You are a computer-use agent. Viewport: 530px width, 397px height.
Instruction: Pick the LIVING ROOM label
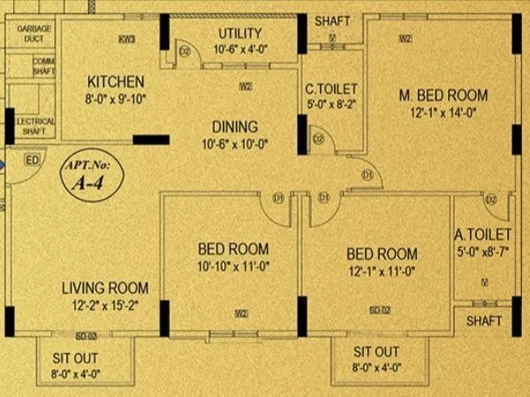click(104, 288)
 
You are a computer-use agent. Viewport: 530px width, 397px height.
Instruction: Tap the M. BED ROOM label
click(443, 95)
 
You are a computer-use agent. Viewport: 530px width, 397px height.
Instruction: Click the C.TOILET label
click(330, 88)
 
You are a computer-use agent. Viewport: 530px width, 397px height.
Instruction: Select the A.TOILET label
click(483, 235)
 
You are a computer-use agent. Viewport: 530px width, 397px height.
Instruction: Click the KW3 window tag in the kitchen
click(127, 39)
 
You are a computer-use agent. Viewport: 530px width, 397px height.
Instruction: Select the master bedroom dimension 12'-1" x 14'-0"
click(443, 113)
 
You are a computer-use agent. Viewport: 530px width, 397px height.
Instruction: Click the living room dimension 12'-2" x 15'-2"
click(104, 306)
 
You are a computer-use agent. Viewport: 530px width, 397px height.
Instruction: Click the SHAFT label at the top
click(332, 20)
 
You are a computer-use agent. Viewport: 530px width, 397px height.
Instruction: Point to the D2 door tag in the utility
click(185, 51)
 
